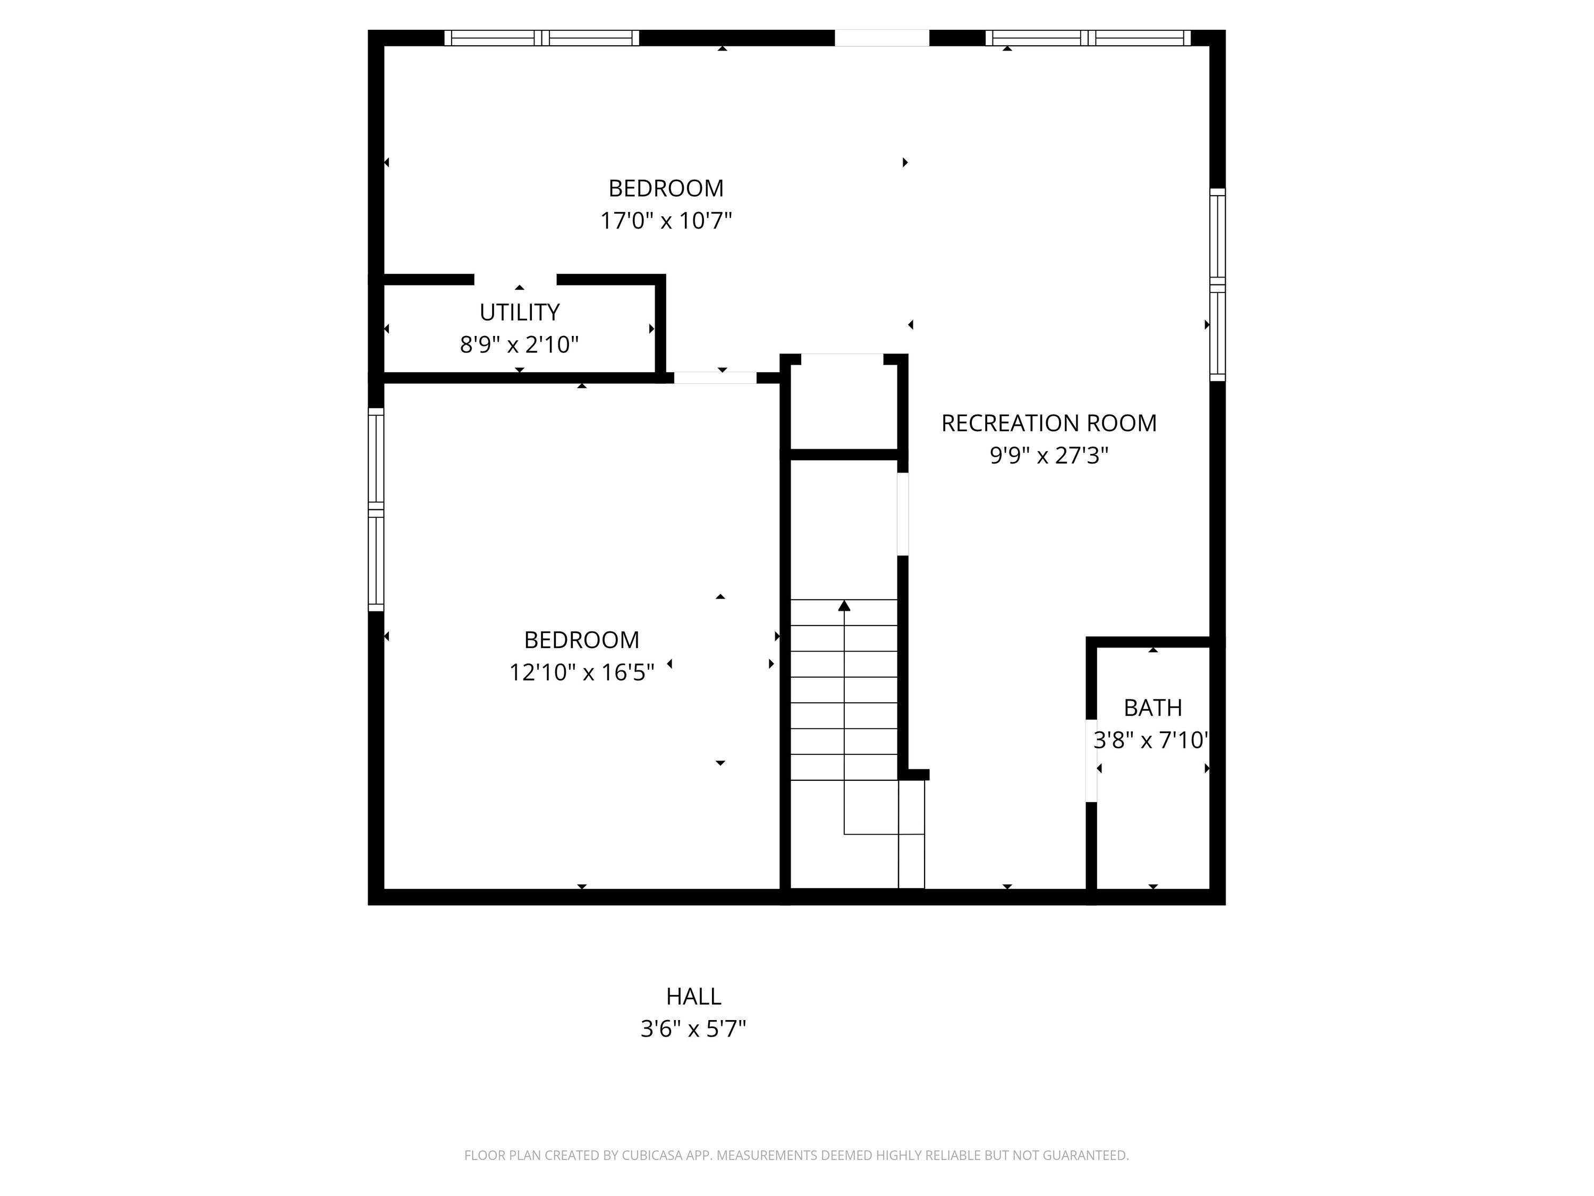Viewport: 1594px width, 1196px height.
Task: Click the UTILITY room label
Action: (520, 312)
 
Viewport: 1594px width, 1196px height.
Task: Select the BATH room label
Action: (1153, 708)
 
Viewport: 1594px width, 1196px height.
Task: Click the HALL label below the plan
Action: (693, 996)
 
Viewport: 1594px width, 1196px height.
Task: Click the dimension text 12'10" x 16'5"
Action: (581, 672)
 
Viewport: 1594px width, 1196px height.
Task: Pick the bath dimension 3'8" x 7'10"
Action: (1151, 740)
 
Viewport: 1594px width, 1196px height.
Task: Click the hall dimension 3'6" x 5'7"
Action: (693, 1029)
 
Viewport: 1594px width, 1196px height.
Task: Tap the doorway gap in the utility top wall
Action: (515, 280)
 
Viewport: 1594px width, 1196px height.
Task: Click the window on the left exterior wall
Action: (376, 510)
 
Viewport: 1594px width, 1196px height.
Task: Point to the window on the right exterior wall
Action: (1217, 285)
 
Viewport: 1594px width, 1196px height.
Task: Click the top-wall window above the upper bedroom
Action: (542, 38)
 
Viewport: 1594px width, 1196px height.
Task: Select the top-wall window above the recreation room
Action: (1088, 38)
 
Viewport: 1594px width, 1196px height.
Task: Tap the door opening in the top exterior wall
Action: (882, 38)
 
